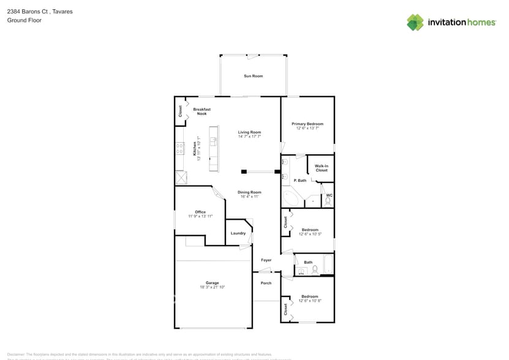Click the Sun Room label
(253, 76)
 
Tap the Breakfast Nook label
(202, 111)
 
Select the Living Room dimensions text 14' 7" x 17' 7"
(249, 137)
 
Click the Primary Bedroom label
(307, 124)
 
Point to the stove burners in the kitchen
(180, 148)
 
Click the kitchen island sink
(214, 140)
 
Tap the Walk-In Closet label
(321, 168)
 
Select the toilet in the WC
(328, 201)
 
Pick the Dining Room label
(249, 192)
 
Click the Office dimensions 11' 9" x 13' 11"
(200, 216)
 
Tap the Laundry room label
(238, 233)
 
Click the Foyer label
(266, 260)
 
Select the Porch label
(266, 283)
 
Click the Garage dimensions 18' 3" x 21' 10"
(212, 287)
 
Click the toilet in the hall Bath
(314, 269)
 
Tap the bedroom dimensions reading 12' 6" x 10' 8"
(310, 301)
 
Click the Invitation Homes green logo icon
(415, 22)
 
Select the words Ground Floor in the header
(20, 20)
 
